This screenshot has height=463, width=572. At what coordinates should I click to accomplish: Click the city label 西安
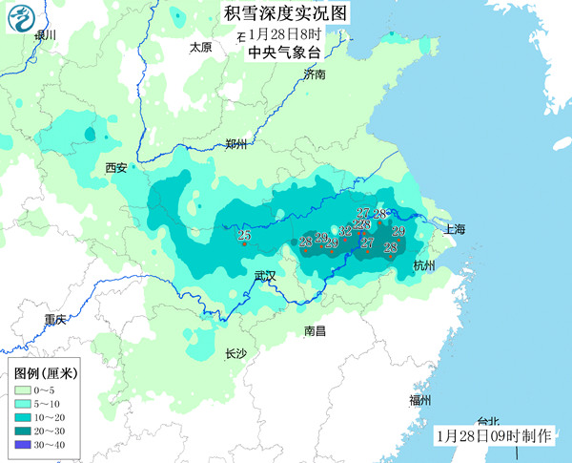[116, 168]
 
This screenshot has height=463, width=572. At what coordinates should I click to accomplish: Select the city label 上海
[454, 229]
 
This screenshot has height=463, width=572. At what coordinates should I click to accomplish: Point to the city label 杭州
[423, 265]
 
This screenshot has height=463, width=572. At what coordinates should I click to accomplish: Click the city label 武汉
[264, 276]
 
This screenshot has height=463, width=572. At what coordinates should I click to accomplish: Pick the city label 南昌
[315, 330]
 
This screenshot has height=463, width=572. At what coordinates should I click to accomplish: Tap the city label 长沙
[235, 353]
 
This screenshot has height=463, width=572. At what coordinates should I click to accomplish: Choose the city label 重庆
[55, 319]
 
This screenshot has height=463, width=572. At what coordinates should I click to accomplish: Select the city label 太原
[200, 47]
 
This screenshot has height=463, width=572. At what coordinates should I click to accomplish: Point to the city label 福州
[419, 399]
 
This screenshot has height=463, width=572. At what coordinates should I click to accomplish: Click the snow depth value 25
[243, 236]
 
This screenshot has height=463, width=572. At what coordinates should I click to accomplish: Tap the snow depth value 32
[345, 231]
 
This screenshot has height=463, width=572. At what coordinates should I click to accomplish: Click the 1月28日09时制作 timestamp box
[493, 435]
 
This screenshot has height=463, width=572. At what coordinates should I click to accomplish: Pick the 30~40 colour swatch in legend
[24, 444]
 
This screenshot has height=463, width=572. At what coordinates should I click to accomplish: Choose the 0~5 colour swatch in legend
[24, 390]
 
